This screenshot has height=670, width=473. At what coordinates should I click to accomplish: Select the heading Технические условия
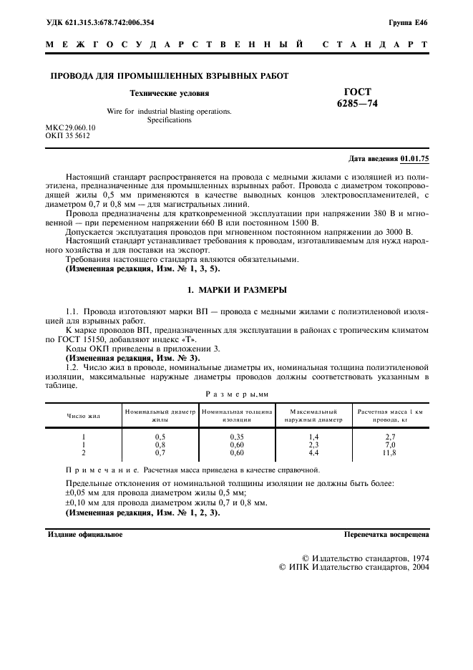pos(169,93)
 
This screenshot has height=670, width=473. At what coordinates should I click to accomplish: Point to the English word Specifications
pos(170,120)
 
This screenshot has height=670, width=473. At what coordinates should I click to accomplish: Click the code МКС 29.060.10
pos(70,127)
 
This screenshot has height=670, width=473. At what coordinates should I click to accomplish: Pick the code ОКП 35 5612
pos(68,135)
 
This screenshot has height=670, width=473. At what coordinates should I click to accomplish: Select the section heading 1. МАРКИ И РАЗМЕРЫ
pos(238,290)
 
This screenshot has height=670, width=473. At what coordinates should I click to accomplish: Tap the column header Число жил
pos(84,415)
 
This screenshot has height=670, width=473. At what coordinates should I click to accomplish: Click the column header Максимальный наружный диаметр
pos(313,415)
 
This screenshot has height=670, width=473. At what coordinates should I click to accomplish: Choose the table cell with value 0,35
pos(237,436)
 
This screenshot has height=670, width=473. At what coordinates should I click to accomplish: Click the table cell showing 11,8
pos(390,452)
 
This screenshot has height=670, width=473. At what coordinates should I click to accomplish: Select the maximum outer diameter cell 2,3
pos(313,445)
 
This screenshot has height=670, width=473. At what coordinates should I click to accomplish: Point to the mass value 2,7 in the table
pos(390,436)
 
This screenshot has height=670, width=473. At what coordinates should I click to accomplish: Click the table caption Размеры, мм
pos(236,393)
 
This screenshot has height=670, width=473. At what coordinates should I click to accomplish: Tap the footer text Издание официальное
pos(85,534)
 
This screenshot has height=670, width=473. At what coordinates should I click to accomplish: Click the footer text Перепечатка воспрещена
pos(386,534)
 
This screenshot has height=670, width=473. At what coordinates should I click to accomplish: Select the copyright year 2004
pos(418,567)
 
